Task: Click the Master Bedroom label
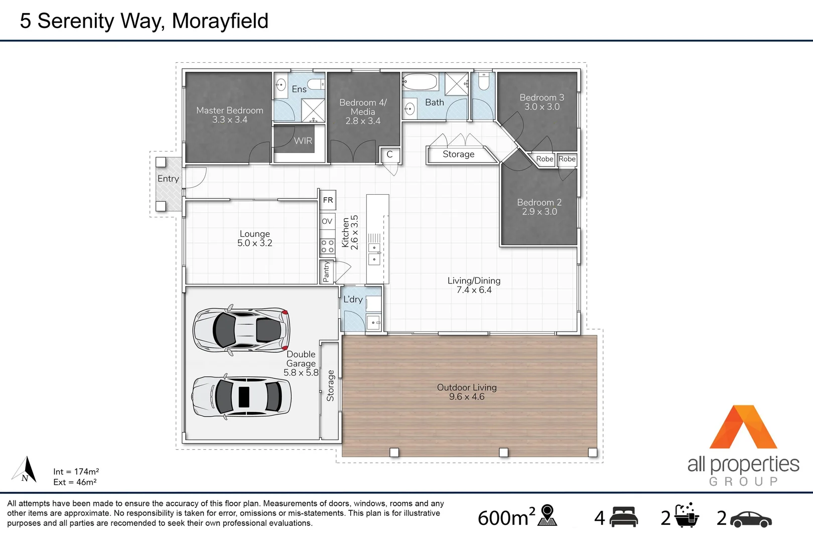point(229,110)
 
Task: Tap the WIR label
point(303,141)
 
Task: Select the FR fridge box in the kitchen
point(328,200)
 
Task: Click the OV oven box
point(327,221)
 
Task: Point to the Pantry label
point(326,272)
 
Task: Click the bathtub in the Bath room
point(420,81)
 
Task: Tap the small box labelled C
point(389,155)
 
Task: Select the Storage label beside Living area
point(458,155)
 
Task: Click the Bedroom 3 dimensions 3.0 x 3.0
point(542,107)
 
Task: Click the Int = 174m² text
point(76,472)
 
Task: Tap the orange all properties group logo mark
point(743,428)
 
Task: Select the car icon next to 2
point(751,519)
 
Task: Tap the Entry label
point(168,179)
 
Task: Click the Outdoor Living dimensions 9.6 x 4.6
point(467,397)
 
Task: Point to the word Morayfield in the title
point(220,21)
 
